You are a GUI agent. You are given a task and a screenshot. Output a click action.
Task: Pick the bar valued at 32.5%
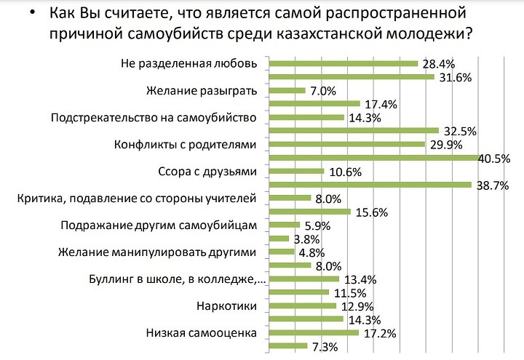tap(354, 131)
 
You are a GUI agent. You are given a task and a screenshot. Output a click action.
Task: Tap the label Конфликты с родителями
tap(186, 144)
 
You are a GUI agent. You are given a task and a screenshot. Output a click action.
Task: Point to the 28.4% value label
tap(440, 64)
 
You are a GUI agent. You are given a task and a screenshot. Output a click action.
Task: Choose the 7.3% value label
tap(324, 347)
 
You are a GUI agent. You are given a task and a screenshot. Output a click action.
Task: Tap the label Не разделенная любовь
tap(188, 63)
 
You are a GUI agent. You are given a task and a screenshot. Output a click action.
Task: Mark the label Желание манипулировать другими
tap(157, 252)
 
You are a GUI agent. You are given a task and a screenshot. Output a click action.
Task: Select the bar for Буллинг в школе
tap(304, 279)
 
